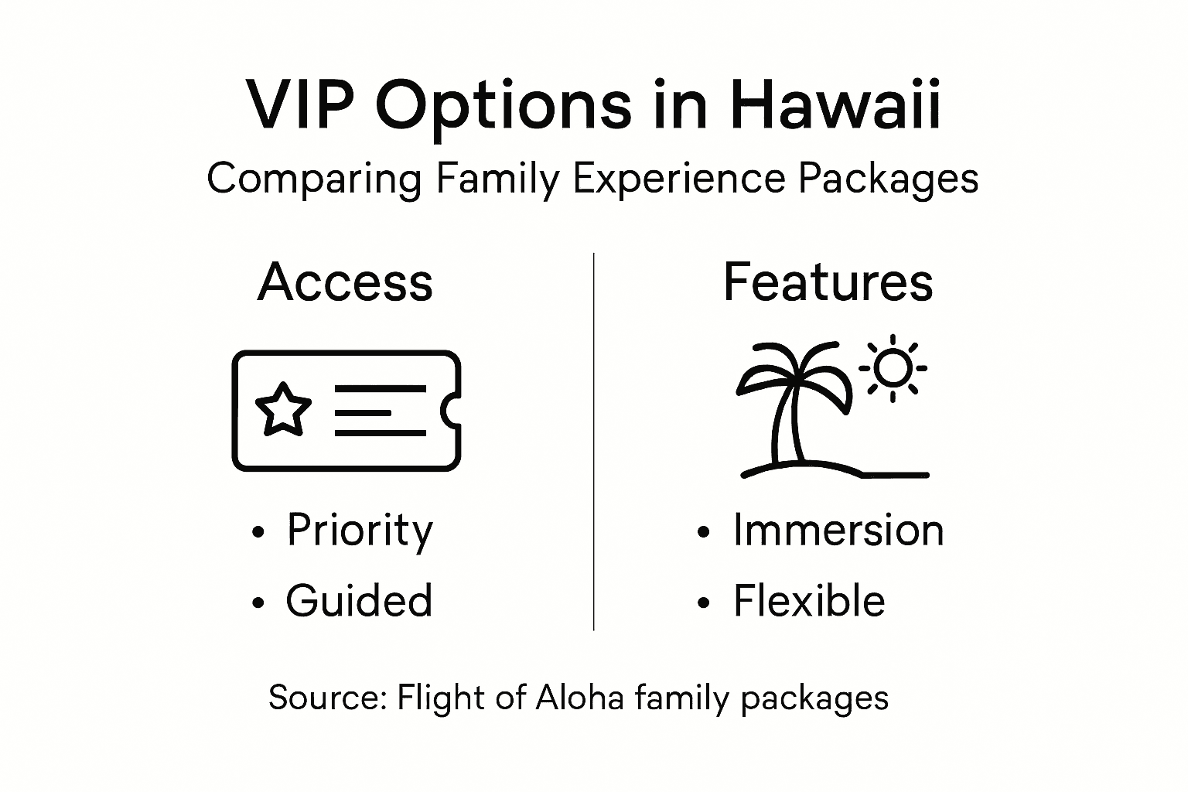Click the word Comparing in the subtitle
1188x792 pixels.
coord(314,179)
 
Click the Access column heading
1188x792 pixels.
coord(345,282)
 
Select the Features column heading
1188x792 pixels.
coord(828,282)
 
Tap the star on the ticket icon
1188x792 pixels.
coord(283,409)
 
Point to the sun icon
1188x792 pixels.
coord(893,367)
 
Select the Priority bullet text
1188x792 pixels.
coord(360,531)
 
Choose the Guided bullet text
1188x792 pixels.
coord(359,602)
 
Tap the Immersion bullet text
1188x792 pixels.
coord(838,531)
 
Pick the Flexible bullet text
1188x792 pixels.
coord(809,602)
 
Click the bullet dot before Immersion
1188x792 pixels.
coord(703,533)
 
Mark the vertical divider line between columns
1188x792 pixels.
coord(593,441)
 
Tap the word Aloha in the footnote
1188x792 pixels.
coord(579,698)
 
